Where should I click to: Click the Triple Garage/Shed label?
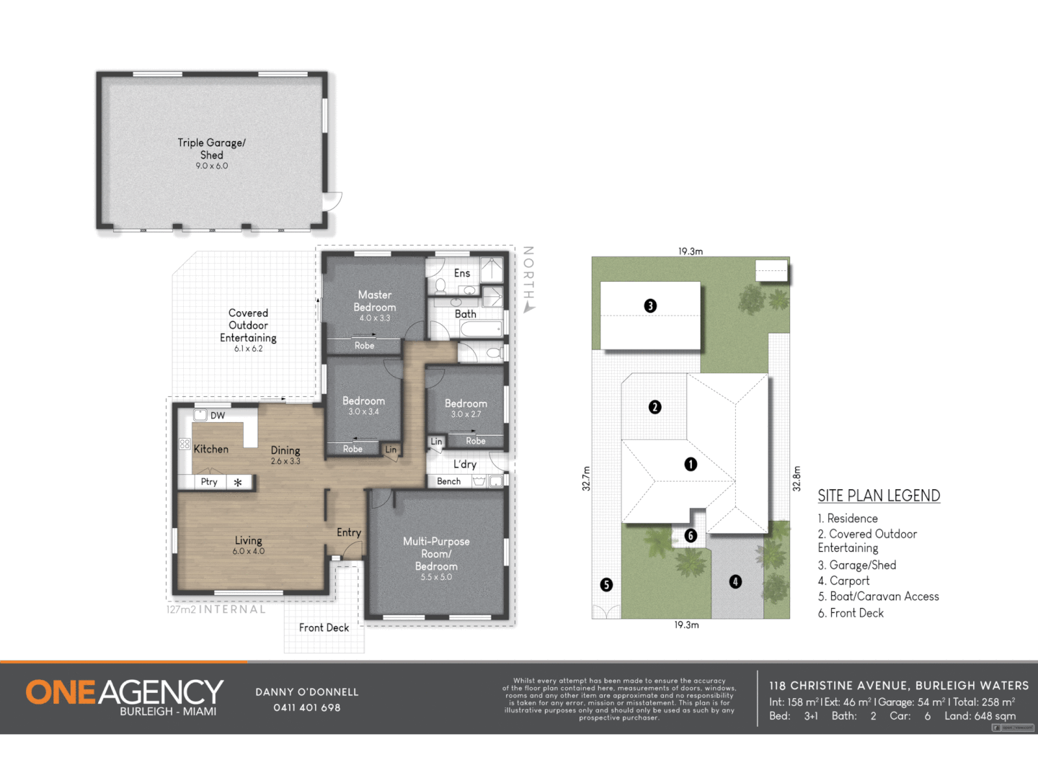tap(211, 148)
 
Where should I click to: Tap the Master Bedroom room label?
tap(375, 301)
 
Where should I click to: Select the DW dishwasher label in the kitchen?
tap(218, 416)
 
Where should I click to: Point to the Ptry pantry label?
tap(209, 482)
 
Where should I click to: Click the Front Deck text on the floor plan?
tap(324, 628)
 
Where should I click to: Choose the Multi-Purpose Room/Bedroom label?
tap(436, 553)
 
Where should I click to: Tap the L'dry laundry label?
tap(465, 465)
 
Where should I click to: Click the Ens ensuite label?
tap(462, 274)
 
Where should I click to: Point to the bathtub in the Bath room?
tap(481, 330)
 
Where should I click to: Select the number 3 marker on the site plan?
tap(650, 305)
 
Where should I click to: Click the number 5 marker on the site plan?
tap(606, 584)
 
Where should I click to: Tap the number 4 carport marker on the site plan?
tap(735, 581)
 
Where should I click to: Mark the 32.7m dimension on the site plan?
tap(586, 479)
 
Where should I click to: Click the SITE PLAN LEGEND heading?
tap(879, 496)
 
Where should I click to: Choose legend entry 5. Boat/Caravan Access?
tap(878, 596)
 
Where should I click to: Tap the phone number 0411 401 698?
tap(306, 708)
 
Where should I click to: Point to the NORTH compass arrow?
tap(529, 308)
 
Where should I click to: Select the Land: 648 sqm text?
tap(980, 716)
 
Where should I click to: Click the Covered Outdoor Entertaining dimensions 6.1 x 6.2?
tap(248, 349)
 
